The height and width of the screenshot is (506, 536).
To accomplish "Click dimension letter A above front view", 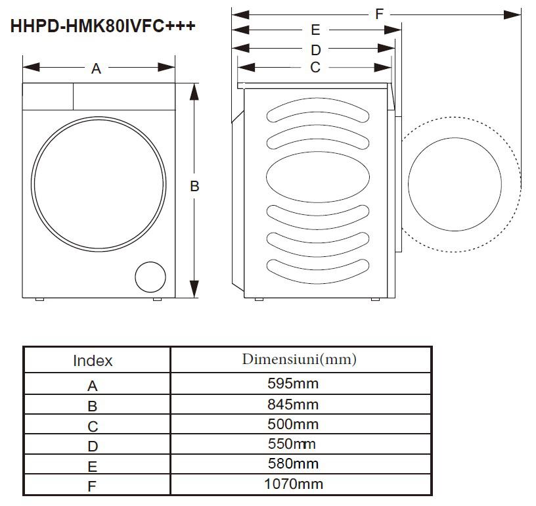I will click(96, 68).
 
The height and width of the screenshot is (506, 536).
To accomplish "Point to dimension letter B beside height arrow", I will click(194, 187).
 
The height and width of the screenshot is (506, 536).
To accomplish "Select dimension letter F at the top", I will click(379, 14).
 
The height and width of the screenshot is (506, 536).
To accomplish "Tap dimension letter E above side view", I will click(315, 30).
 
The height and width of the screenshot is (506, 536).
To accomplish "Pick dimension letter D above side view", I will click(315, 50).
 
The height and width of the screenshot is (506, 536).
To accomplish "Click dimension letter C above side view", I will click(315, 68).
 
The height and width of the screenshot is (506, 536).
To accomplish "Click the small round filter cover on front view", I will click(150, 277).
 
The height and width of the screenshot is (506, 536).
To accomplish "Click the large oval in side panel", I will click(316, 177).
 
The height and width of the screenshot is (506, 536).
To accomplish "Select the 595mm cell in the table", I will click(293, 383).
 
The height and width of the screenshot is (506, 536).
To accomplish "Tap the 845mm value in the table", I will click(293, 403).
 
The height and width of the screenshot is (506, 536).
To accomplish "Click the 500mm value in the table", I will click(293, 424).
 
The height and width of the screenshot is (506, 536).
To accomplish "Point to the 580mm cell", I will click(293, 464).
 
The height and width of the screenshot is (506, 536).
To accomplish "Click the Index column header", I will click(93, 361).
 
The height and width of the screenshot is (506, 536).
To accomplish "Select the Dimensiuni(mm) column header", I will click(299, 359).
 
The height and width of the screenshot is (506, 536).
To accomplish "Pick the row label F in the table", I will click(93, 487).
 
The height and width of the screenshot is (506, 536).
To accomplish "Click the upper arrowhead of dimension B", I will click(194, 92).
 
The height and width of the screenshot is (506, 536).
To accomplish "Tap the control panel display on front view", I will click(47, 96).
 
